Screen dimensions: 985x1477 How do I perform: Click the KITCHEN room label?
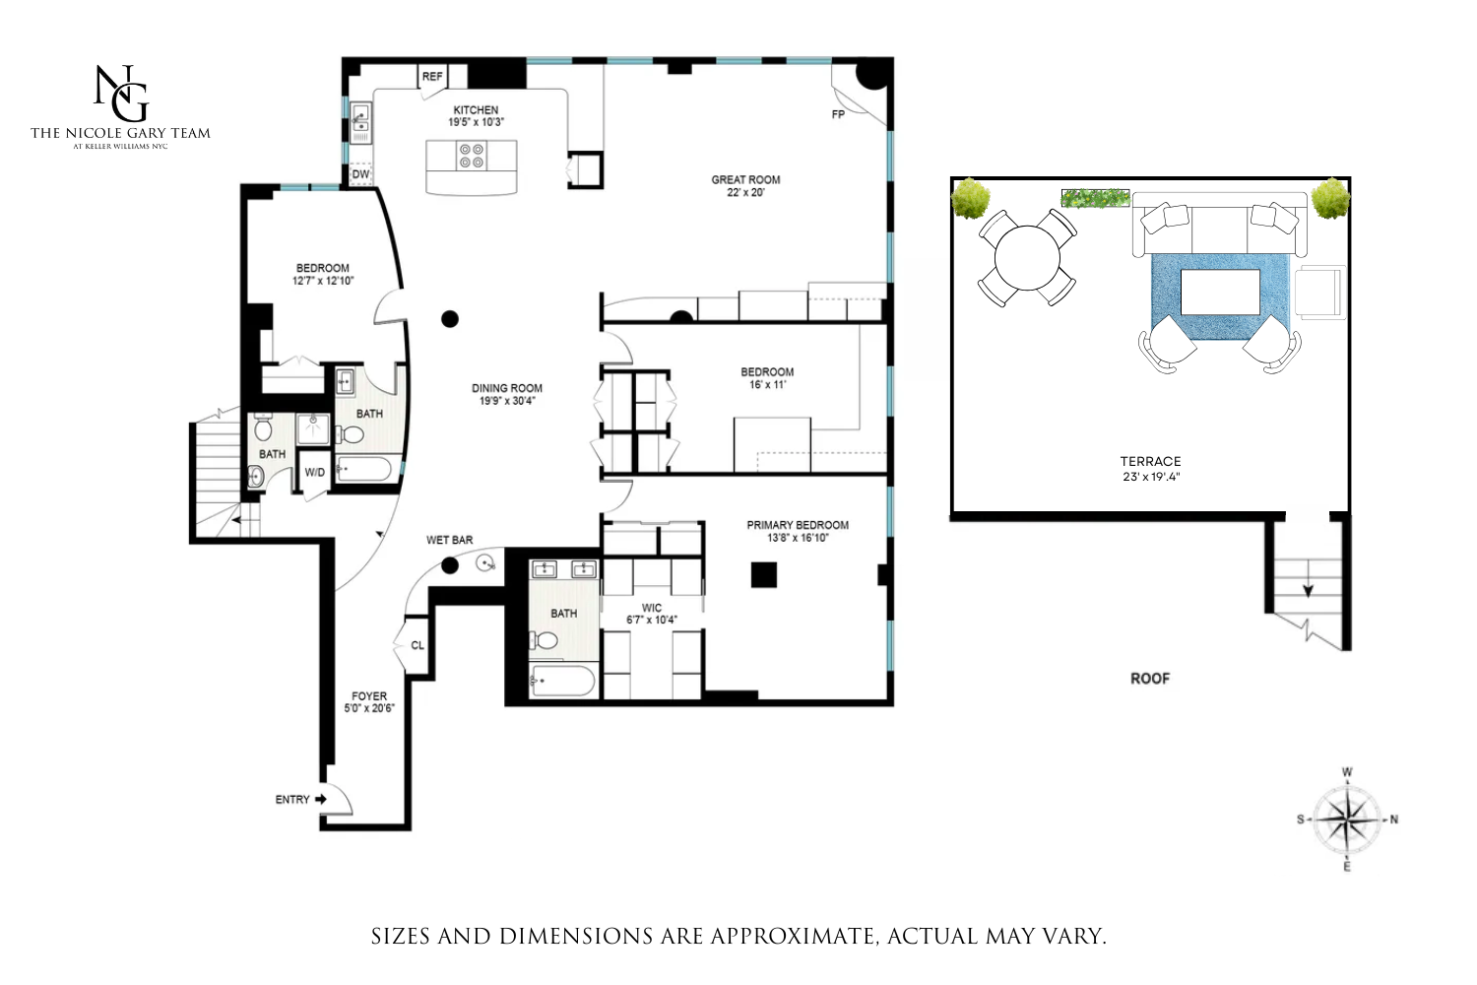pyautogui.click(x=476, y=110)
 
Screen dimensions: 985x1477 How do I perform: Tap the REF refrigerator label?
pyautogui.click(x=432, y=77)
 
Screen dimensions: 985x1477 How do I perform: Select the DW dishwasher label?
pyautogui.click(x=361, y=174)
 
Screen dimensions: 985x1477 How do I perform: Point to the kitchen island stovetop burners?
pyautogui.click(x=472, y=156)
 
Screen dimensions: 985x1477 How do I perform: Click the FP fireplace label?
pyautogui.click(x=838, y=115)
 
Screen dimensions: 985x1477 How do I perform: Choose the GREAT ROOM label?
pyautogui.click(x=745, y=180)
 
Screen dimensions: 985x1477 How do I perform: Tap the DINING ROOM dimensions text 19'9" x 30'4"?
pyautogui.click(x=507, y=401)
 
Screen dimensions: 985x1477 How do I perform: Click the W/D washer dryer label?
pyautogui.click(x=315, y=473)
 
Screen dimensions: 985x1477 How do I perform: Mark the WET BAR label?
pyautogui.click(x=449, y=540)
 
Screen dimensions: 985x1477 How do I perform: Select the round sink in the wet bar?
pyautogui.click(x=485, y=563)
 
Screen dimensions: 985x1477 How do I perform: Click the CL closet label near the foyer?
pyautogui.click(x=417, y=646)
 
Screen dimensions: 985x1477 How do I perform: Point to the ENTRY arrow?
pyautogui.click(x=321, y=800)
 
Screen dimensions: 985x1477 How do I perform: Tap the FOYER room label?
pyautogui.click(x=369, y=695)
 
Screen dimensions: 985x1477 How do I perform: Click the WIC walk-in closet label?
pyautogui.click(x=652, y=608)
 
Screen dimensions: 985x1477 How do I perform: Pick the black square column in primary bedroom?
pyautogui.click(x=764, y=574)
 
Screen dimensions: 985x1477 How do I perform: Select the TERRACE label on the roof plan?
pyautogui.click(x=1150, y=461)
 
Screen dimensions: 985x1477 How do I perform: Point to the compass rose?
pyautogui.click(x=1347, y=820)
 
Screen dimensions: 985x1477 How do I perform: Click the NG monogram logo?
pyautogui.click(x=121, y=93)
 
